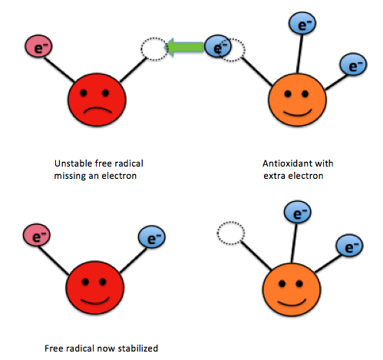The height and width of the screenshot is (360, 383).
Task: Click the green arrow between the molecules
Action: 185,47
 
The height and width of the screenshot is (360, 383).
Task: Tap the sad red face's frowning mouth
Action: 97,110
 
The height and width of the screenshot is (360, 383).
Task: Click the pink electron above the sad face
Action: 38,46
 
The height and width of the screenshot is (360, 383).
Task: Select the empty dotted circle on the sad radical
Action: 154,49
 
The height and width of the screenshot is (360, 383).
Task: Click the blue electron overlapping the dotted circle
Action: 218,47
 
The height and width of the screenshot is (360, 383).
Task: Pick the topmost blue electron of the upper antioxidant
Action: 302,23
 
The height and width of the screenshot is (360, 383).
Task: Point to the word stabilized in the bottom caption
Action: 138,348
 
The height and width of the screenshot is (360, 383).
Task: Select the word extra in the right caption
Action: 274,176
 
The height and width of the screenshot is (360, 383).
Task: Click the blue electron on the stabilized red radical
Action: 152,237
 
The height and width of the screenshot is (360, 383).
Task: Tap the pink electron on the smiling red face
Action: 37,235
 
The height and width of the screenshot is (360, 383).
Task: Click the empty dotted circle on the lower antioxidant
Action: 231,233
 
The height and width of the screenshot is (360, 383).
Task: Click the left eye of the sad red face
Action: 84,93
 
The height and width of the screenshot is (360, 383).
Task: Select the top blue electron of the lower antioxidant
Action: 298,213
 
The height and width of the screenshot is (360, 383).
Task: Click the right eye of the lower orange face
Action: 299,283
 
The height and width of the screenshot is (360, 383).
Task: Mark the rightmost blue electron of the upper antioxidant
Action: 353,64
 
